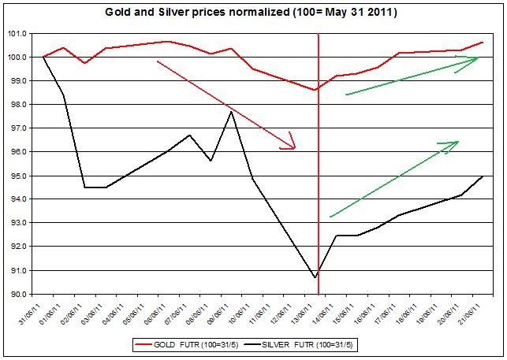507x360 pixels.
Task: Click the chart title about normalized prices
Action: click(253, 13)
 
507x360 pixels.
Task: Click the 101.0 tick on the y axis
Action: click(17, 33)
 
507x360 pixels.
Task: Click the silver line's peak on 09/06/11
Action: click(230, 112)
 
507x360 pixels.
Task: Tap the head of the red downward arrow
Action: click(296, 148)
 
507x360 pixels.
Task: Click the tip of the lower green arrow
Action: click(458, 142)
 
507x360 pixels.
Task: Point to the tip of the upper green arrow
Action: click(479, 58)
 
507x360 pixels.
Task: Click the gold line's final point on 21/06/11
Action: click(482, 43)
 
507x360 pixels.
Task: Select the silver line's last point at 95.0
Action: click(482, 176)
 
